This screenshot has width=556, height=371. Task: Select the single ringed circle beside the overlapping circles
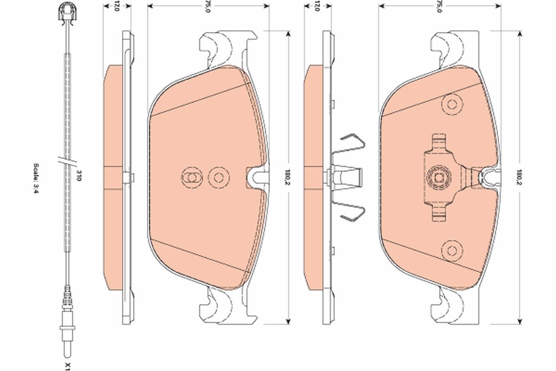(x=217, y=177)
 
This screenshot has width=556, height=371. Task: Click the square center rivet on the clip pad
(x=439, y=177)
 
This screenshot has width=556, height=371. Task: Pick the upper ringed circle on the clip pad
(x=450, y=104)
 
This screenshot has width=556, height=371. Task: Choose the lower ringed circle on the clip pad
(x=450, y=249)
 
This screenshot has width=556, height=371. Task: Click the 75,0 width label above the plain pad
(x=208, y=6)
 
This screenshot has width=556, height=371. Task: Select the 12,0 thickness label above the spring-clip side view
(x=317, y=6)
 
